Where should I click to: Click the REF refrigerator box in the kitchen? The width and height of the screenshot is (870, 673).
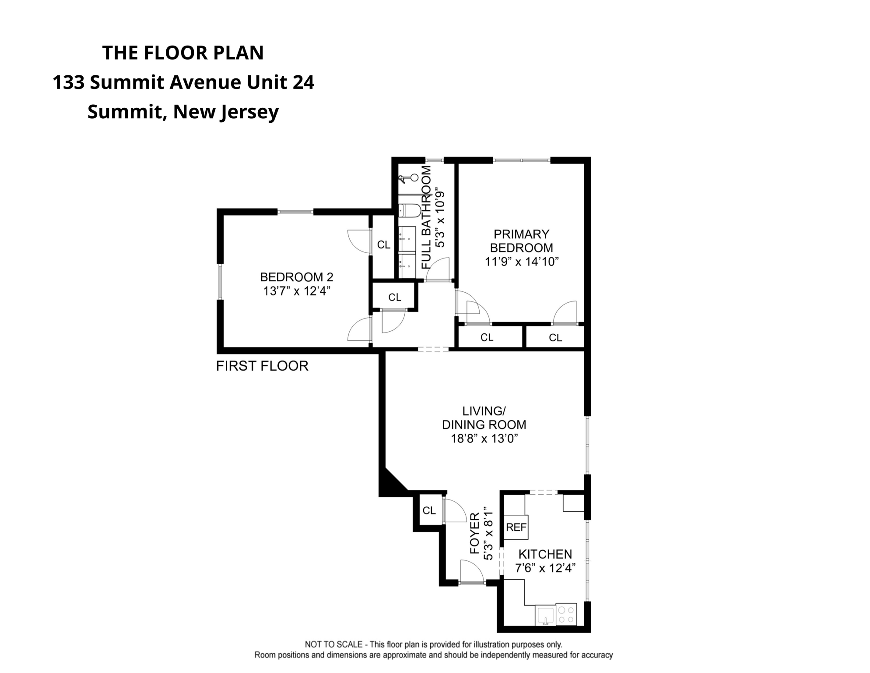pyautogui.click(x=516, y=527)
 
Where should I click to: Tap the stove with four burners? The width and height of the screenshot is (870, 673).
pyautogui.click(x=566, y=614)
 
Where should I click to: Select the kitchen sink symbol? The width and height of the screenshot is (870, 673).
pyautogui.click(x=545, y=615)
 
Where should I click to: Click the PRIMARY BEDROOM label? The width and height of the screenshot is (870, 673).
pyautogui.click(x=521, y=241)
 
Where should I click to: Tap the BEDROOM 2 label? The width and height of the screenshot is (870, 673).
pyautogui.click(x=297, y=277)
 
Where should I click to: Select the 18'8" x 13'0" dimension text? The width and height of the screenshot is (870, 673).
pyautogui.click(x=484, y=438)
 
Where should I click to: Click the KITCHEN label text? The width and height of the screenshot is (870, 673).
pyautogui.click(x=545, y=554)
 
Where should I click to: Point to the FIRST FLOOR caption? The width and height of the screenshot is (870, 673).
pyautogui.click(x=262, y=366)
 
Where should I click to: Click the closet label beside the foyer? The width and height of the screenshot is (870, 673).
pyautogui.click(x=429, y=510)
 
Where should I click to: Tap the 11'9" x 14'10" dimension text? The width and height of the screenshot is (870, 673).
pyautogui.click(x=522, y=262)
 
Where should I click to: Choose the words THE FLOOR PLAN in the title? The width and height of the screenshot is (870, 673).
pyautogui.click(x=183, y=53)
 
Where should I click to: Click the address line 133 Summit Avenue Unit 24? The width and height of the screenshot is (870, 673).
pyautogui.click(x=183, y=82)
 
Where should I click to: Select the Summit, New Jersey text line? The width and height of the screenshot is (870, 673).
pyautogui.click(x=183, y=112)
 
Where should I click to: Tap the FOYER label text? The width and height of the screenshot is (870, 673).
pyautogui.click(x=475, y=533)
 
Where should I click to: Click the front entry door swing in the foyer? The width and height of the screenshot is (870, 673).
pyautogui.click(x=472, y=572)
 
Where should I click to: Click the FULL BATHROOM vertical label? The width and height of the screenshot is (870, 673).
pyautogui.click(x=426, y=217)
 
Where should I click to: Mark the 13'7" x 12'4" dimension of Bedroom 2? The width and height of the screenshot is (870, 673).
pyautogui.click(x=297, y=291)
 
